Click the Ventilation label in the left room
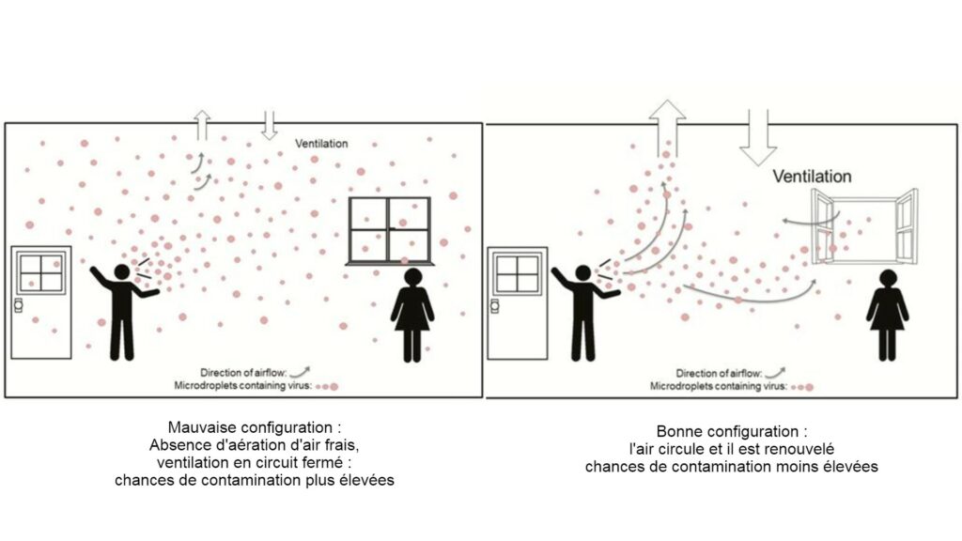click(x=321, y=144)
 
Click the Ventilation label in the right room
click(x=812, y=177)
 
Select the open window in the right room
click(x=864, y=226)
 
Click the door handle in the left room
click(x=19, y=305)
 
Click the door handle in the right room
click(x=494, y=305)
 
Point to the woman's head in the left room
click(x=413, y=277)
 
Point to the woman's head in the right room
click(x=888, y=278)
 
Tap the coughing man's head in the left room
click(x=122, y=271)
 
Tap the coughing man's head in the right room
click(x=582, y=272)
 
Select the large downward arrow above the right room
click(x=758, y=138)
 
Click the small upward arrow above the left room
click(x=202, y=125)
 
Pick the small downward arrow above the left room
click(x=269, y=125)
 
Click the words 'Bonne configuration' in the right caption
click(x=728, y=431)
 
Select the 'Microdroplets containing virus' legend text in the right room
click(x=719, y=386)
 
